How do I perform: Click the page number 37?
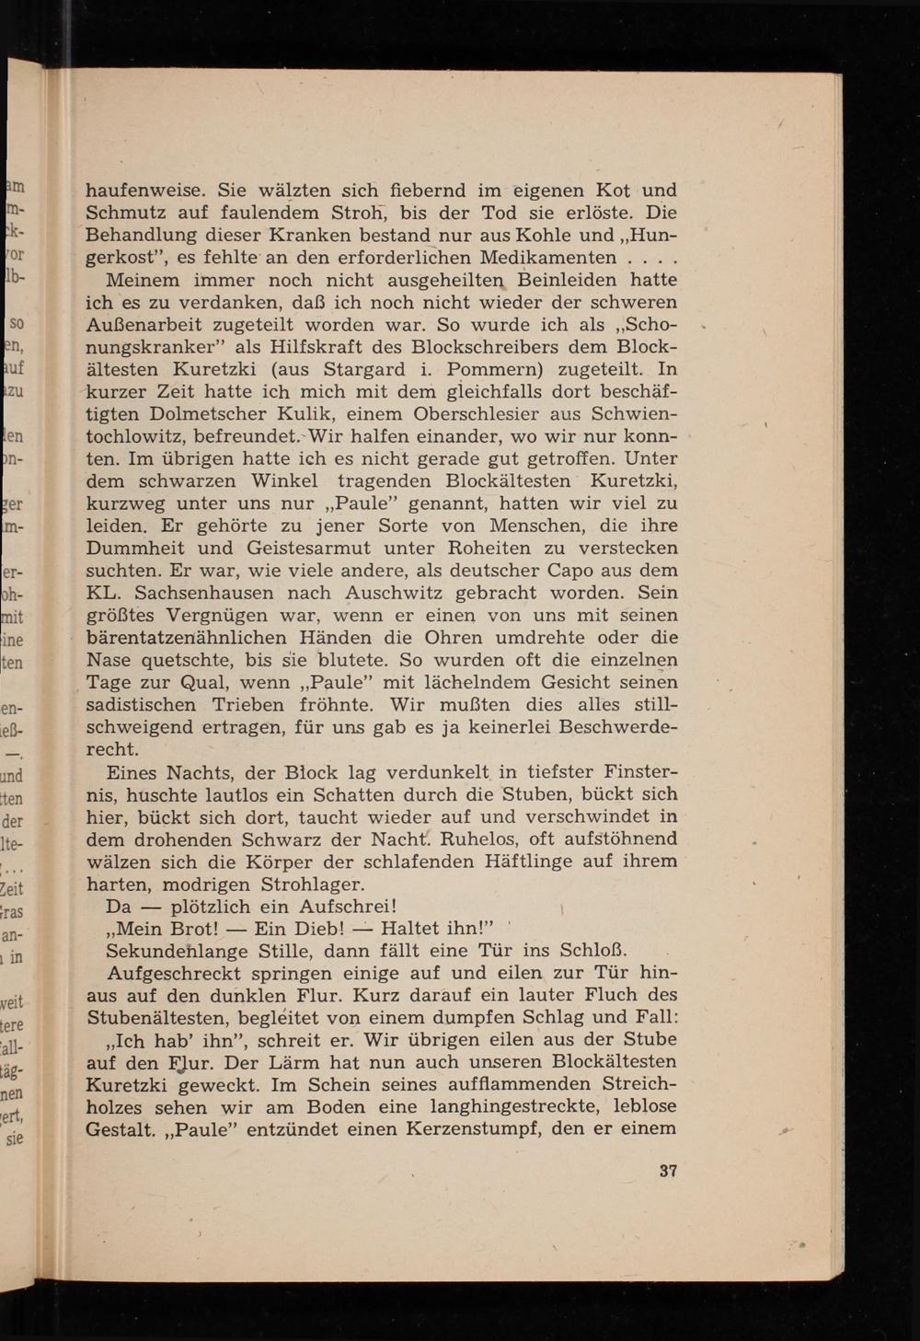pos(668,1172)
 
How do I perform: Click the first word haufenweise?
pos(145,191)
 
